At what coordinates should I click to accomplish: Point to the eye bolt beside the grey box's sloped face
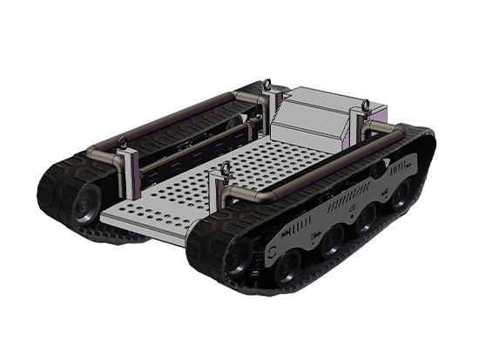click(266, 86)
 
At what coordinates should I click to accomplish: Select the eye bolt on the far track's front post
click(121, 142)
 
